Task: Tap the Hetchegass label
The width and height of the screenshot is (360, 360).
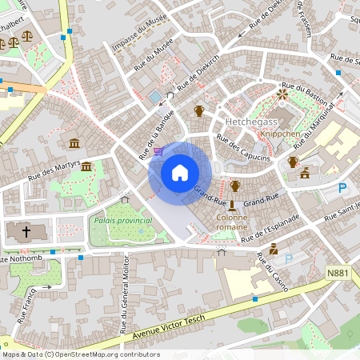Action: click(x=250, y=122)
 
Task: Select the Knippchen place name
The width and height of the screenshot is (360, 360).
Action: click(x=280, y=134)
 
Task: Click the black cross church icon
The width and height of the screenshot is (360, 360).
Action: click(x=26, y=233)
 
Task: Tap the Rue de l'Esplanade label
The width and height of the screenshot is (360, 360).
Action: click(x=271, y=228)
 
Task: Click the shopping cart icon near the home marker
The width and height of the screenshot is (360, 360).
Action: click(x=158, y=150)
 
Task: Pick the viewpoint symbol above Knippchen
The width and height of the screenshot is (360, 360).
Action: click(x=281, y=94)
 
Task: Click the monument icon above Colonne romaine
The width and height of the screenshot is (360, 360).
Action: click(x=233, y=206)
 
